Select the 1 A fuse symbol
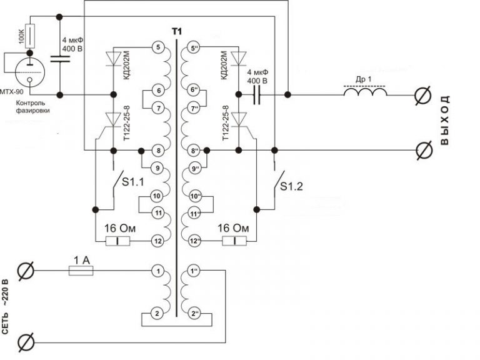[x=81, y=270]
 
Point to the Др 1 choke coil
[x=364, y=93]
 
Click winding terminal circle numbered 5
[x=158, y=47]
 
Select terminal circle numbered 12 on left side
[x=158, y=241]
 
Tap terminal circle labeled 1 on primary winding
[x=158, y=271]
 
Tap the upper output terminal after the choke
[x=425, y=96]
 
